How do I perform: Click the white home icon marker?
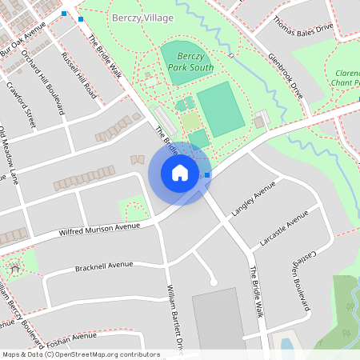coord(179,173)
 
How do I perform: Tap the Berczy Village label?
coord(142,18)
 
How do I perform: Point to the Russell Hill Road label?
coord(79,76)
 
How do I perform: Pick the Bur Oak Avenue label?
coord(24,38)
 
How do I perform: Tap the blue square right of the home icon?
coord(207,174)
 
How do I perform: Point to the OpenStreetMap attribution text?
coord(81,354)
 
